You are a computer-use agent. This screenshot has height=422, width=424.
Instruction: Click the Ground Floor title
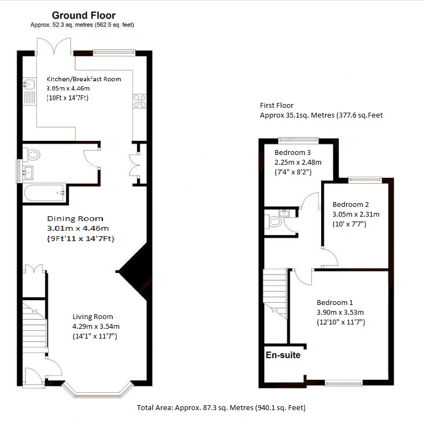[83, 16]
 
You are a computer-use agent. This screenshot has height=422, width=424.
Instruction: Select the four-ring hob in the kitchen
[139, 100]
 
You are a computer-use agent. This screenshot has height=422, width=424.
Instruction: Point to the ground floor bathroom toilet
[32, 155]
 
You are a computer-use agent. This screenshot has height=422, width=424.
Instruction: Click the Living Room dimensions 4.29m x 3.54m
[96, 326]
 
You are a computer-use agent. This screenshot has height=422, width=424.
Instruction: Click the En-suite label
[283, 356]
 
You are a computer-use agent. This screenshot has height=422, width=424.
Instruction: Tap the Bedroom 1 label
[335, 302]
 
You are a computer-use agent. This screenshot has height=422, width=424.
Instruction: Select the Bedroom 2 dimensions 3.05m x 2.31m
[356, 214]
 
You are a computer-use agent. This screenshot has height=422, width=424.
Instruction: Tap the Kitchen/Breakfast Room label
[83, 79]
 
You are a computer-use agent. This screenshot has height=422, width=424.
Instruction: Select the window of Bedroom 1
[345, 383]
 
